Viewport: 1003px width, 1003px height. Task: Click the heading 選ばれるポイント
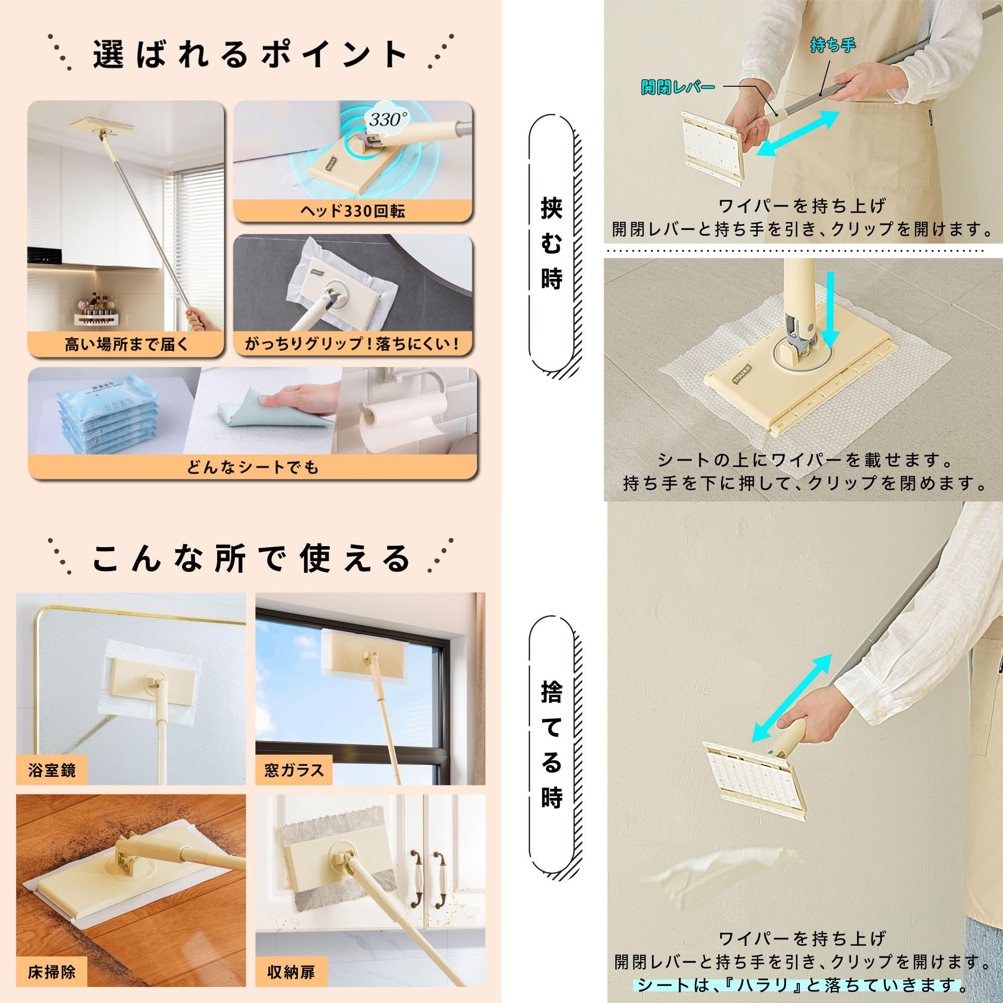[250, 54]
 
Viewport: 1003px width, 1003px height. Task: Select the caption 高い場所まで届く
[126, 344]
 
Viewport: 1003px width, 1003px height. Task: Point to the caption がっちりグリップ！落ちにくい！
[353, 344]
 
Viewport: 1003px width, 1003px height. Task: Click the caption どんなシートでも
[252, 467]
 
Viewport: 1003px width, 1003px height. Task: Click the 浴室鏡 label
[52, 770]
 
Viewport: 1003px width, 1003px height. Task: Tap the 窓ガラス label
[294, 770]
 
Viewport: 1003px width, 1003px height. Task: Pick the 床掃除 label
[52, 971]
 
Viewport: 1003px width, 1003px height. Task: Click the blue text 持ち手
[832, 46]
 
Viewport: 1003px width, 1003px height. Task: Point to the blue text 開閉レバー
[678, 87]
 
